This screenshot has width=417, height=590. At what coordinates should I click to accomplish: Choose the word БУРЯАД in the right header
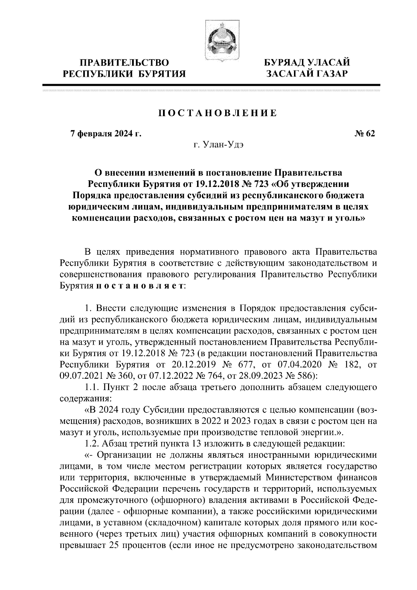[x=286, y=63]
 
